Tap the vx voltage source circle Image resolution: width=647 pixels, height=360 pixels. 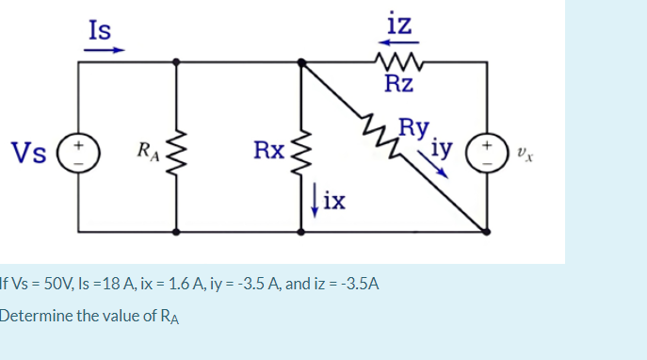tap(487, 151)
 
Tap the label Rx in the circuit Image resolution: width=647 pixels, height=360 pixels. tap(268, 150)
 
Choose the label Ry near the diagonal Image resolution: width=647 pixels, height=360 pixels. tap(414, 126)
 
